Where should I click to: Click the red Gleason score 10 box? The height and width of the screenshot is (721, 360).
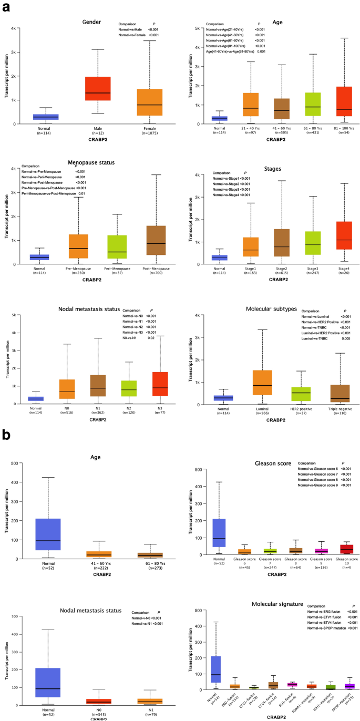pos(332,549)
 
